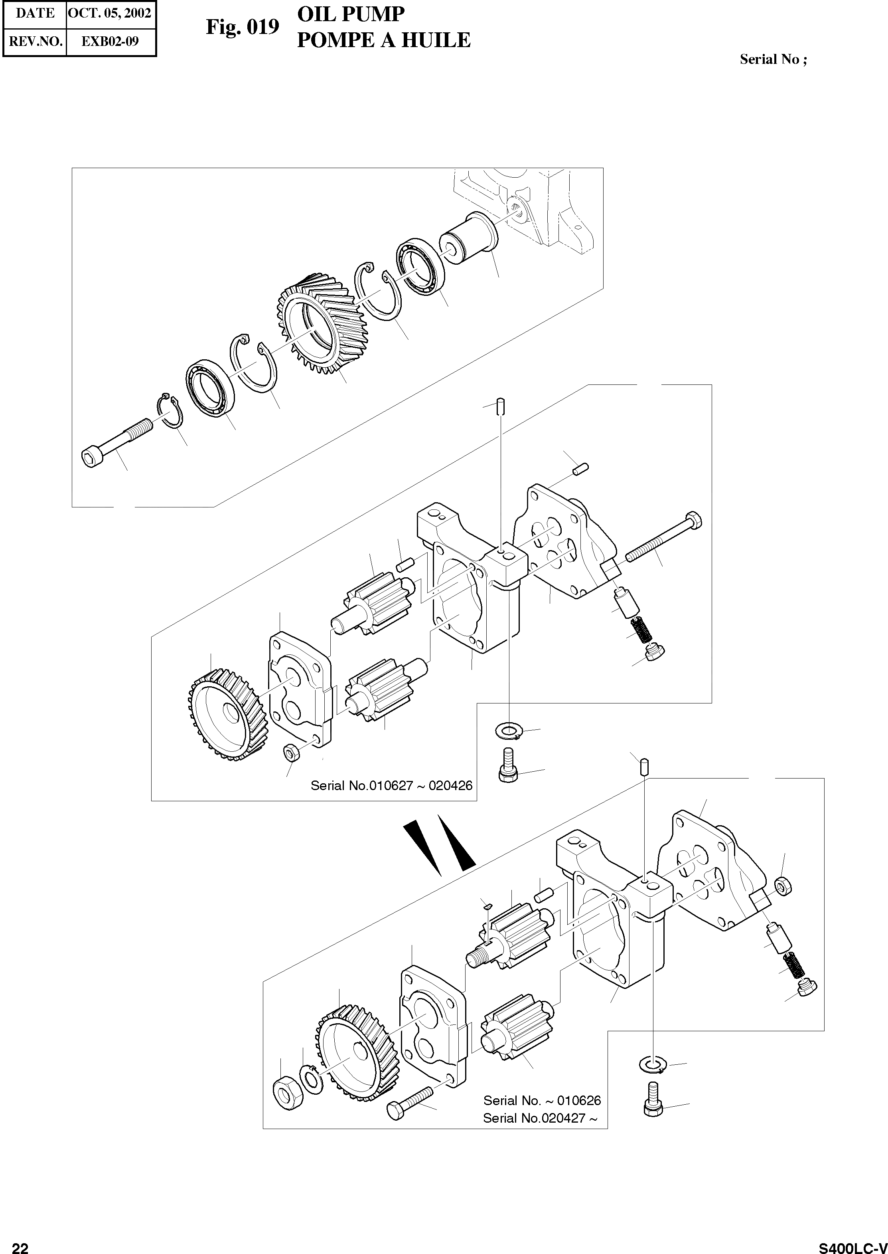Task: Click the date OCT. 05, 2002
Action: click(111, 13)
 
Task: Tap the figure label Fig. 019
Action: click(242, 27)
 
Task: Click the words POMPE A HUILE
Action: click(383, 40)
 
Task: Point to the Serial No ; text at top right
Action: click(773, 59)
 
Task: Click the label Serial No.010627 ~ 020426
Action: click(391, 786)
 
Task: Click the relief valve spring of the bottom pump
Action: click(791, 965)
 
